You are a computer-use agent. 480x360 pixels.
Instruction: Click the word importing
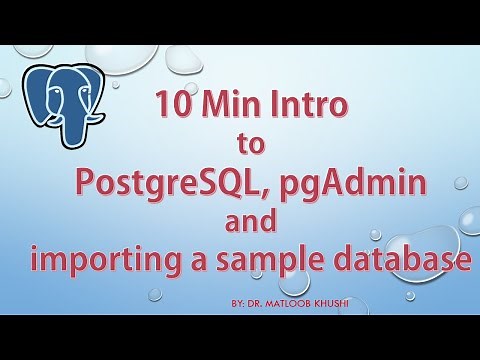(x=101, y=261)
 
